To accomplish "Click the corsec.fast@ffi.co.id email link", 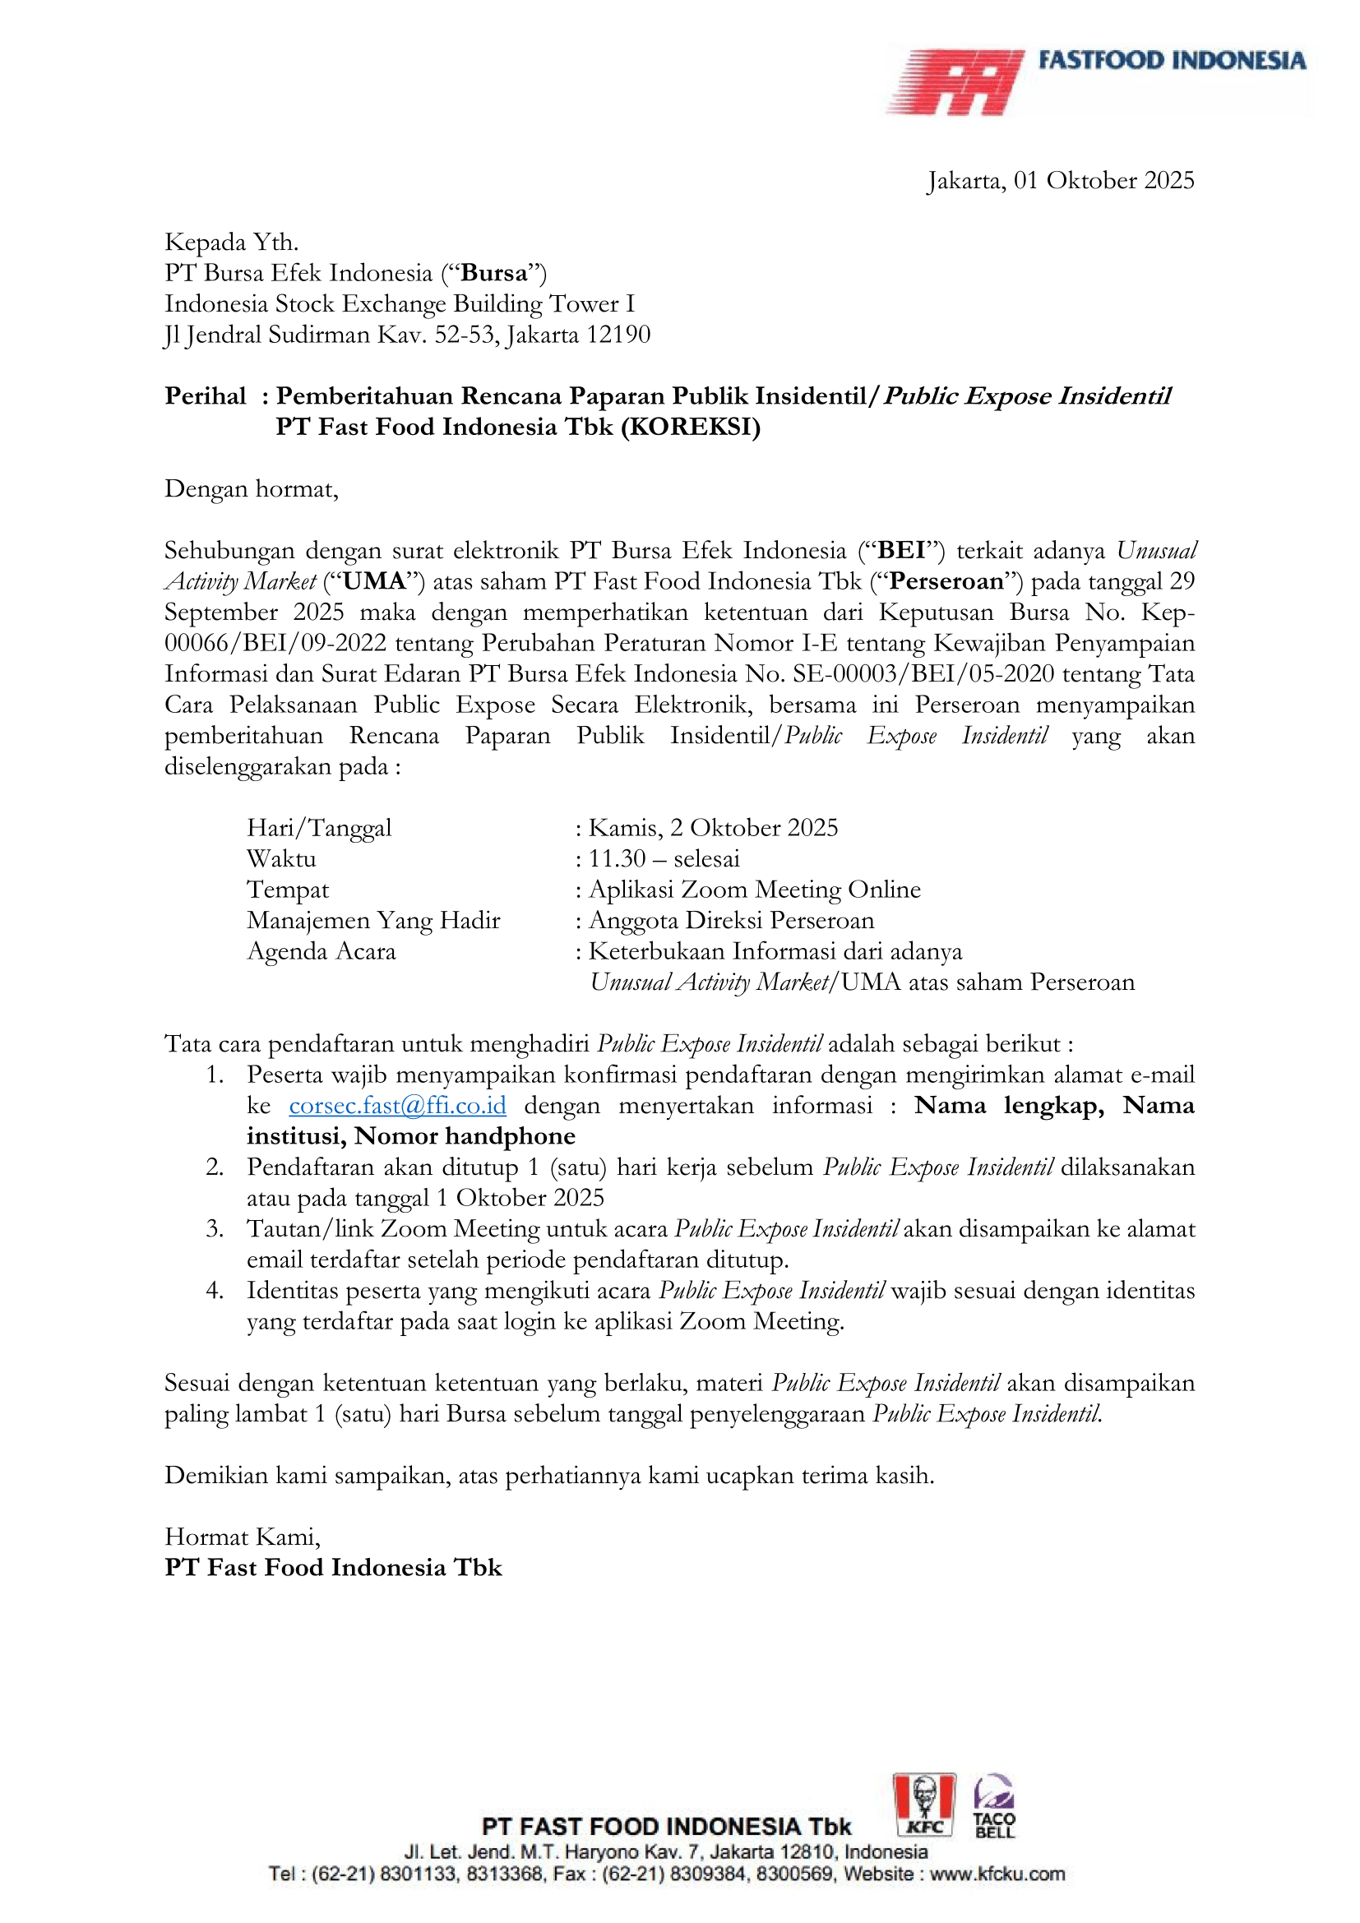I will [397, 1106].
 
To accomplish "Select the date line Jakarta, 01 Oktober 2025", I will [1060, 181].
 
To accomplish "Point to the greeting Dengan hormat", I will [252, 489].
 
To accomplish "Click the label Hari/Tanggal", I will [319, 829].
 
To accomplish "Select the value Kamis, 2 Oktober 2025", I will [713, 829].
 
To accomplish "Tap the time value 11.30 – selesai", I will [664, 859].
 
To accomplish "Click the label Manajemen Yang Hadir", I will [373, 921].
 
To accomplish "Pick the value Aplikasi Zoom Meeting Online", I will [755, 890].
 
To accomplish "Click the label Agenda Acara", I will [321, 951].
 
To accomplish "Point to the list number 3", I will [215, 1228].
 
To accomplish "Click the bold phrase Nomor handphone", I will [465, 1136].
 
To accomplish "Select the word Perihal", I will [206, 396].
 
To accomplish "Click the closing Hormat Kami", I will [242, 1537].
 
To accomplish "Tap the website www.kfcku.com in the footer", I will [997, 1873].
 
